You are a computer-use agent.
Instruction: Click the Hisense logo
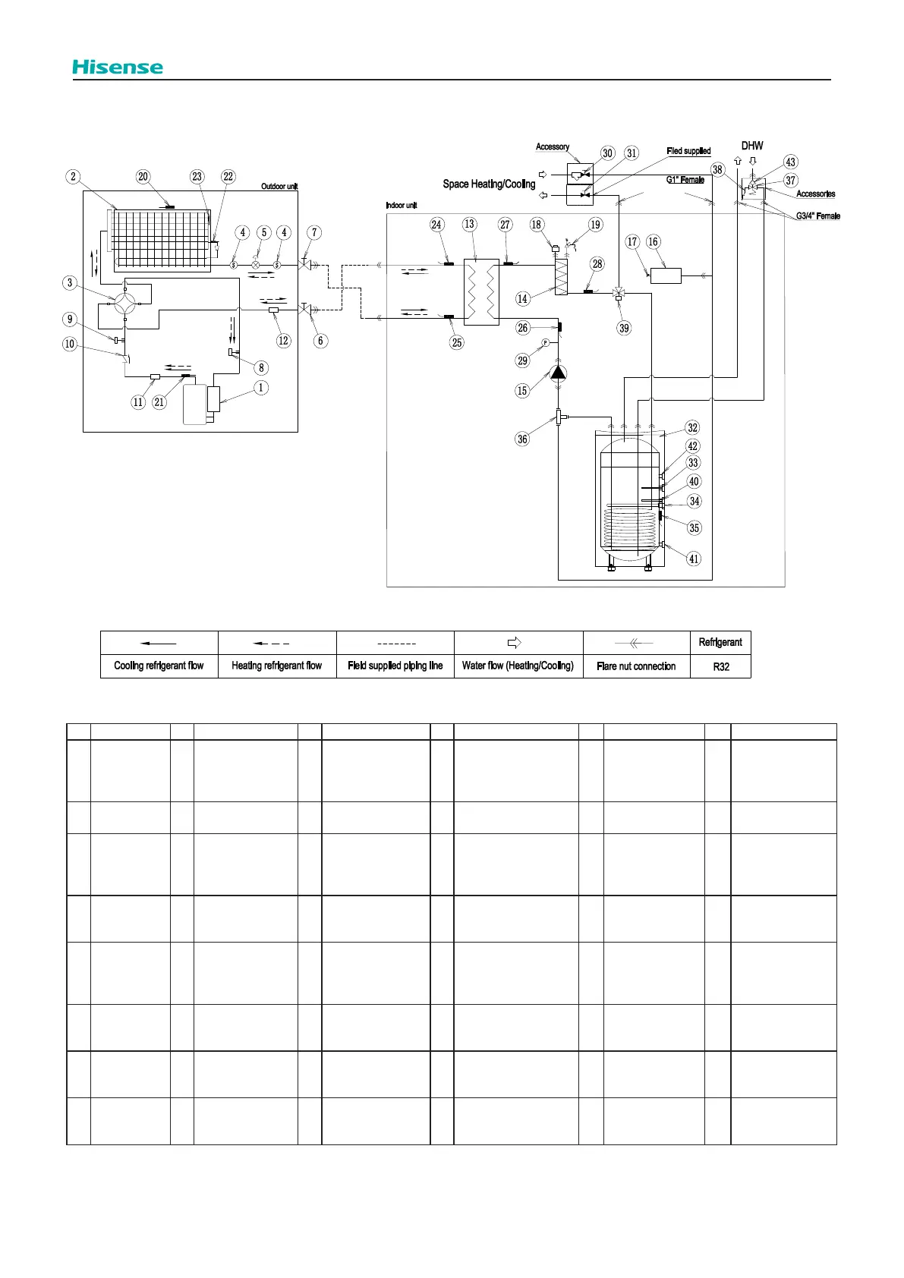[x=118, y=67]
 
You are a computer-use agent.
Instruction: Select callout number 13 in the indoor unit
[x=469, y=224]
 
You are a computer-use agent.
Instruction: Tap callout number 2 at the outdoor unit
[x=73, y=177]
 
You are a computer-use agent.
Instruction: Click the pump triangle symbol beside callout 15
[x=558, y=372]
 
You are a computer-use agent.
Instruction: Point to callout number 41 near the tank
[x=693, y=559]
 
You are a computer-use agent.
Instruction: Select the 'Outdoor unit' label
[x=279, y=187]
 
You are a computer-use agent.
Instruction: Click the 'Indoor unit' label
[x=402, y=206]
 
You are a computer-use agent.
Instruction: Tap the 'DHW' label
[x=752, y=146]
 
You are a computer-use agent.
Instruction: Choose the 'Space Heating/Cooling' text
[x=489, y=184]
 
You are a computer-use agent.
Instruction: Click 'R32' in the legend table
[x=720, y=666]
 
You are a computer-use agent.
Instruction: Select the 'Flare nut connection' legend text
[x=636, y=666]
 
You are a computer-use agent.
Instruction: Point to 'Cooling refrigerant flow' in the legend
[x=159, y=666]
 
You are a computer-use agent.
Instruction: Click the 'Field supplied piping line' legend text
[x=395, y=666]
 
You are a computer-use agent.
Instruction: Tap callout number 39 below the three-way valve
[x=624, y=328]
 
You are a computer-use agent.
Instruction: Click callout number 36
[x=522, y=439]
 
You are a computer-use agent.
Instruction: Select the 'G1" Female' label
[x=685, y=180]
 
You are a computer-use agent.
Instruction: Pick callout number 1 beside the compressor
[x=261, y=387]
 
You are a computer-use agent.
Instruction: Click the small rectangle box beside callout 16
[x=666, y=275]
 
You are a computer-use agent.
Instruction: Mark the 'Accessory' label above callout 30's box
[x=553, y=147]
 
